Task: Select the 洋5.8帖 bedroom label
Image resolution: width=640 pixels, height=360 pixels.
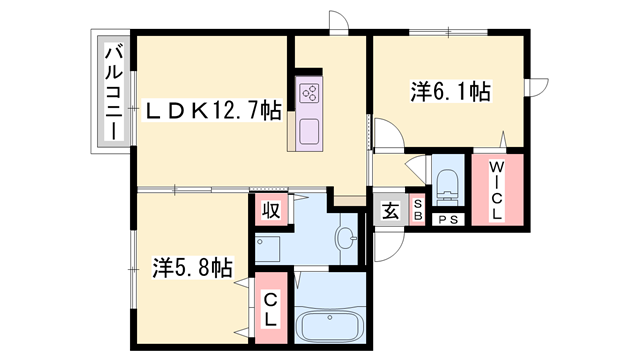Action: [192, 268]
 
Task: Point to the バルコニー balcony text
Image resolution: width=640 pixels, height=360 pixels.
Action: [114, 92]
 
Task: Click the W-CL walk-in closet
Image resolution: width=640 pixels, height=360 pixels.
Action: [498, 191]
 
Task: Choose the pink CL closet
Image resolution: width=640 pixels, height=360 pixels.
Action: [269, 310]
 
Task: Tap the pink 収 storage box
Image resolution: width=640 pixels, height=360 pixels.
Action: [270, 210]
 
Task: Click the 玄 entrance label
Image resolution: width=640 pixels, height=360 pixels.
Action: [388, 212]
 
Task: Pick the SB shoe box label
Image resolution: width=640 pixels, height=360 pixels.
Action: [418, 211]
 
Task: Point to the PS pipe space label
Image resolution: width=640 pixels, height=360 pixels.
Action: [447, 219]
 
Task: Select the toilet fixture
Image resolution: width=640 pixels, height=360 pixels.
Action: [448, 184]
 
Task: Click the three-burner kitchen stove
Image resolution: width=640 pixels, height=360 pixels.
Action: [308, 95]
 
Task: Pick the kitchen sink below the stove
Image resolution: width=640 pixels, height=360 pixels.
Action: [308, 130]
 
